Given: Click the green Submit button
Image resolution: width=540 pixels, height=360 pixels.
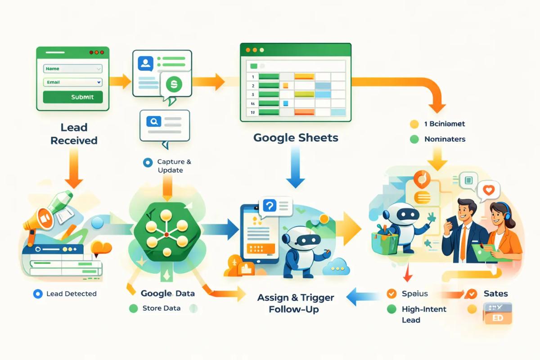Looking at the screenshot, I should [x=73, y=97].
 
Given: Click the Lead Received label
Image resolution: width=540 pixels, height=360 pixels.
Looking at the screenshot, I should [x=74, y=134].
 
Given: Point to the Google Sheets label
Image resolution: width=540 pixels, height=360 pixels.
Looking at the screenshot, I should [x=296, y=137].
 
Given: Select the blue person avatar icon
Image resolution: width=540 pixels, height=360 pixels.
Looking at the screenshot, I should [x=145, y=63].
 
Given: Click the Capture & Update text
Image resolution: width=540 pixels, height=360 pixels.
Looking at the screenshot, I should [x=171, y=166].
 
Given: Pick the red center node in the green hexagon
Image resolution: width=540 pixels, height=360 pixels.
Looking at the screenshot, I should [x=166, y=234].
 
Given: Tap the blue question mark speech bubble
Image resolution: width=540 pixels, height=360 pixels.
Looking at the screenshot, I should [x=269, y=206].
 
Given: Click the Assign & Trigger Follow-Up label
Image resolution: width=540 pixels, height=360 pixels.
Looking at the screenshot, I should [x=296, y=303].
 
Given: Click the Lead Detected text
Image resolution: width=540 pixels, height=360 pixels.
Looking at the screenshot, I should [x=71, y=294].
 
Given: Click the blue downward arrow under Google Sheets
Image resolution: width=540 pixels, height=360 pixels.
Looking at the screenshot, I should [x=296, y=169].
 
